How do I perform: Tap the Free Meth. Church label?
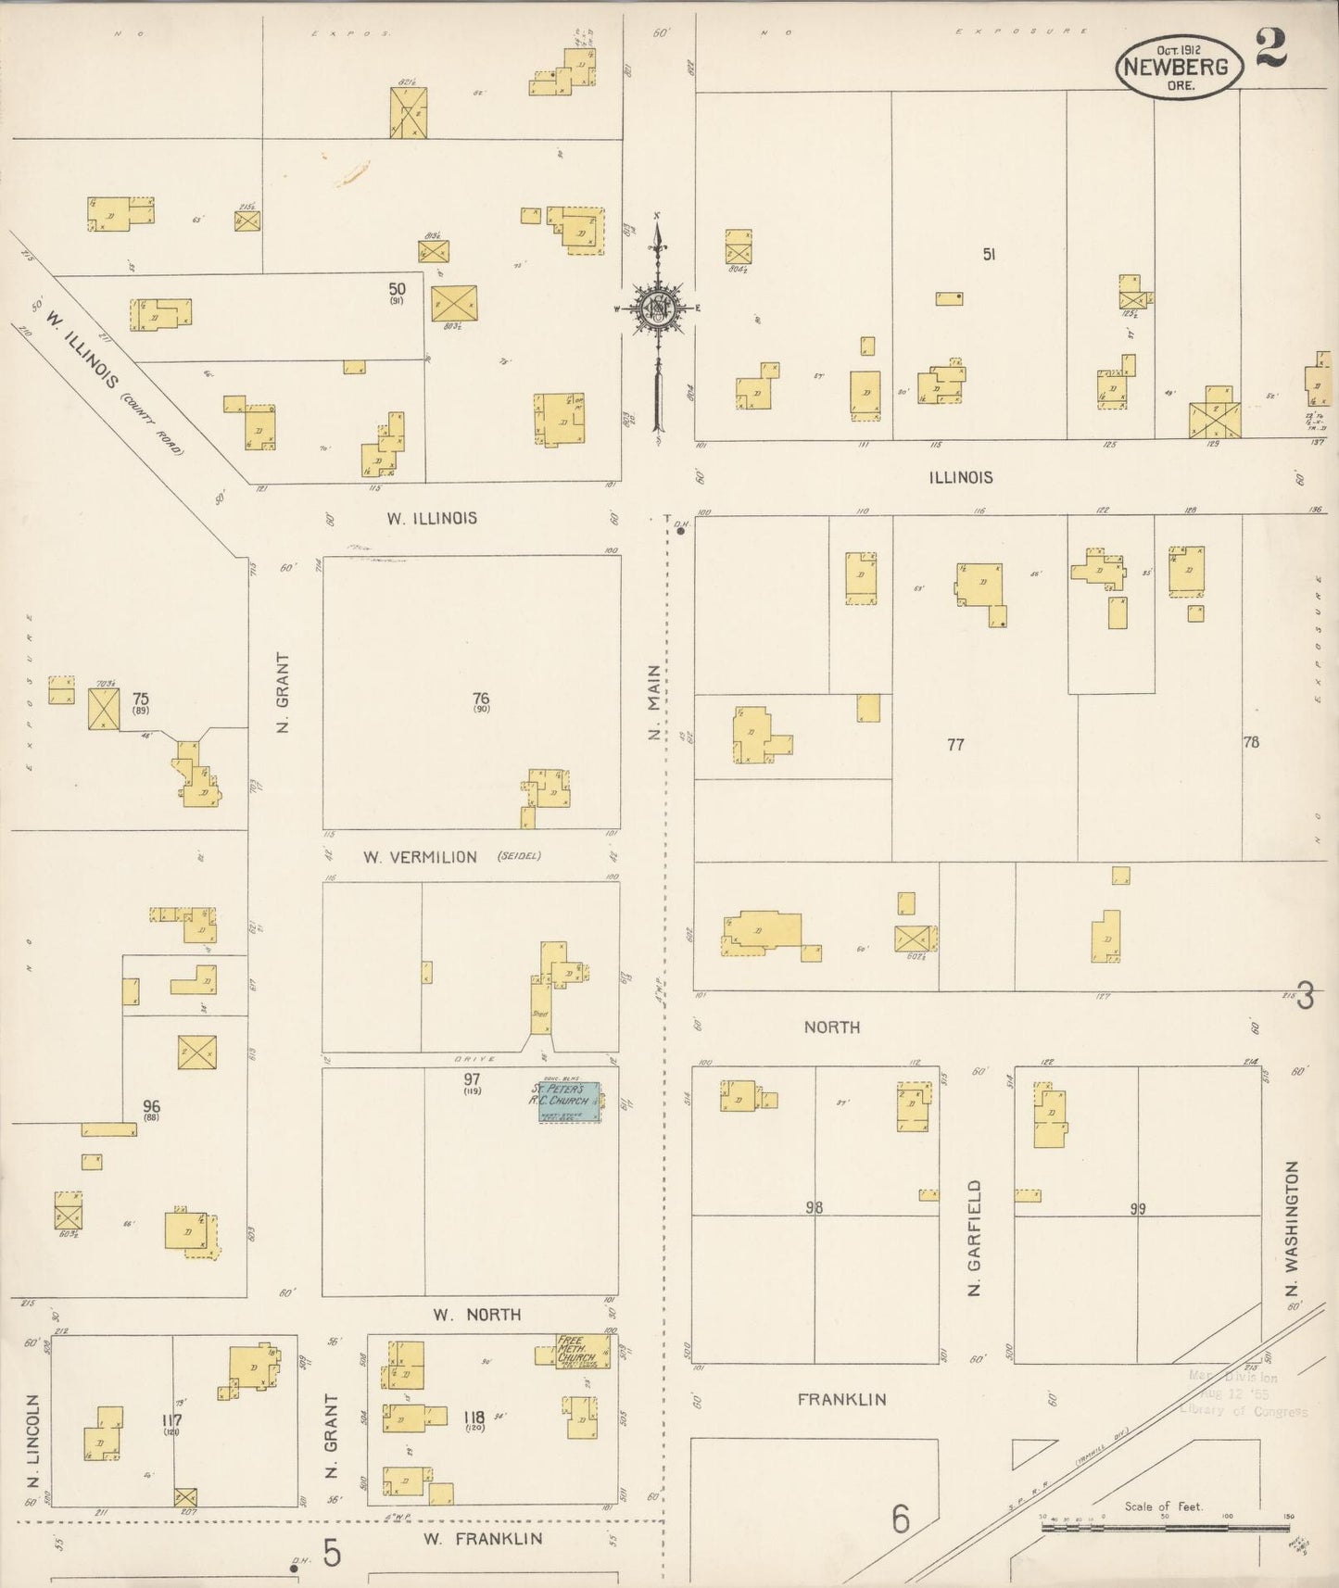[x=575, y=1349]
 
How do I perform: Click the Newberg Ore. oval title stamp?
[x=1179, y=66]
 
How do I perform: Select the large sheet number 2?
[x=1271, y=48]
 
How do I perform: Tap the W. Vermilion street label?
[x=420, y=857]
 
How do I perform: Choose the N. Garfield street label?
[x=975, y=1238]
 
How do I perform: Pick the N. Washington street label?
[x=1293, y=1229]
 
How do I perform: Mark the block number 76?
[x=480, y=699]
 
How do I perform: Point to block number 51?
[x=989, y=254]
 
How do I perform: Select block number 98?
[x=814, y=1207]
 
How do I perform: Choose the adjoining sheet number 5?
[x=331, y=1554]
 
